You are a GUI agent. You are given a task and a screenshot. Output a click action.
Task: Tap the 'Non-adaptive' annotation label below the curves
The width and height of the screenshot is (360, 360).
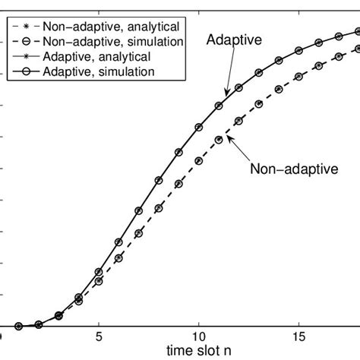(x=293, y=169)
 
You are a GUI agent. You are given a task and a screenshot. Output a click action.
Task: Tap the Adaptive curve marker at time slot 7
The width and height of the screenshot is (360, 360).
(x=139, y=210)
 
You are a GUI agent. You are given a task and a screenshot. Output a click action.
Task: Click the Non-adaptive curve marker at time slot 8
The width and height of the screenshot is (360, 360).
(x=159, y=208)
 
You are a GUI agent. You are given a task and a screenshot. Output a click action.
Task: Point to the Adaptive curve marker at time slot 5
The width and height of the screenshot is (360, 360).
(x=99, y=271)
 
